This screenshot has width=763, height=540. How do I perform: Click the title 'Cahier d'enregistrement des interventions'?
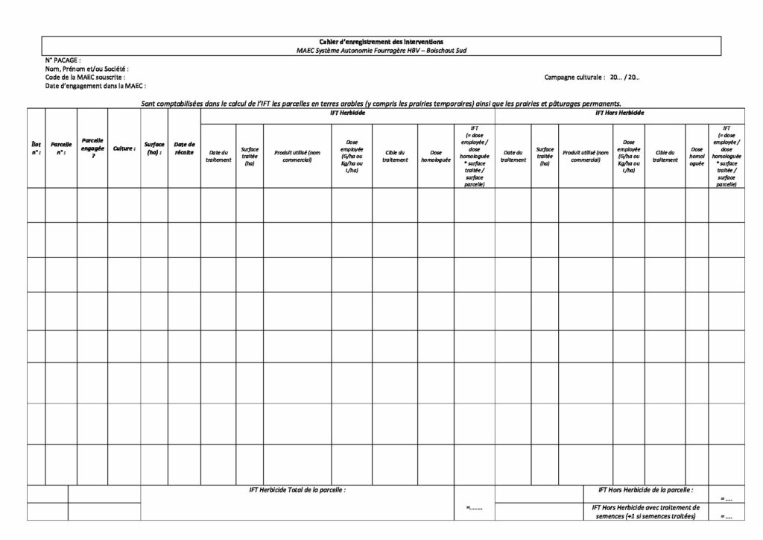click(381, 42)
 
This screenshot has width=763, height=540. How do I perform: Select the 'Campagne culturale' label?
click(574, 77)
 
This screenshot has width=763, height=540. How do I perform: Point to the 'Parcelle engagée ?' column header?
click(92, 148)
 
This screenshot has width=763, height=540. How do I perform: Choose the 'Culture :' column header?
click(124, 148)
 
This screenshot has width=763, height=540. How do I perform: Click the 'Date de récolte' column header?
click(184, 148)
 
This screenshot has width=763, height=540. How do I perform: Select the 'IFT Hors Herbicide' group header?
click(620, 113)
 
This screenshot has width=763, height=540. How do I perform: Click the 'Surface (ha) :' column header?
click(154, 148)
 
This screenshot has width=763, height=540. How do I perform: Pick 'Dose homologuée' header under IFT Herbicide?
click(436, 157)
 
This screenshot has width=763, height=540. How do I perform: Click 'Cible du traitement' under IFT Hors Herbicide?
click(665, 157)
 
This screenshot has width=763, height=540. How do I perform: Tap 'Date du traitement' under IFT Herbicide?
click(218, 157)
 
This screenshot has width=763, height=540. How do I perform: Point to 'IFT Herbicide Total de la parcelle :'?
click(297, 490)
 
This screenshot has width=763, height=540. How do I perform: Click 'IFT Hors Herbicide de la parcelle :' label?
click(645, 490)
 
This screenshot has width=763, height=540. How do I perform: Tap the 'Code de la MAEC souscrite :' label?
click(85, 77)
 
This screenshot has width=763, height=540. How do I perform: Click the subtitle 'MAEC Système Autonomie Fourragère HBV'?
click(381, 50)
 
